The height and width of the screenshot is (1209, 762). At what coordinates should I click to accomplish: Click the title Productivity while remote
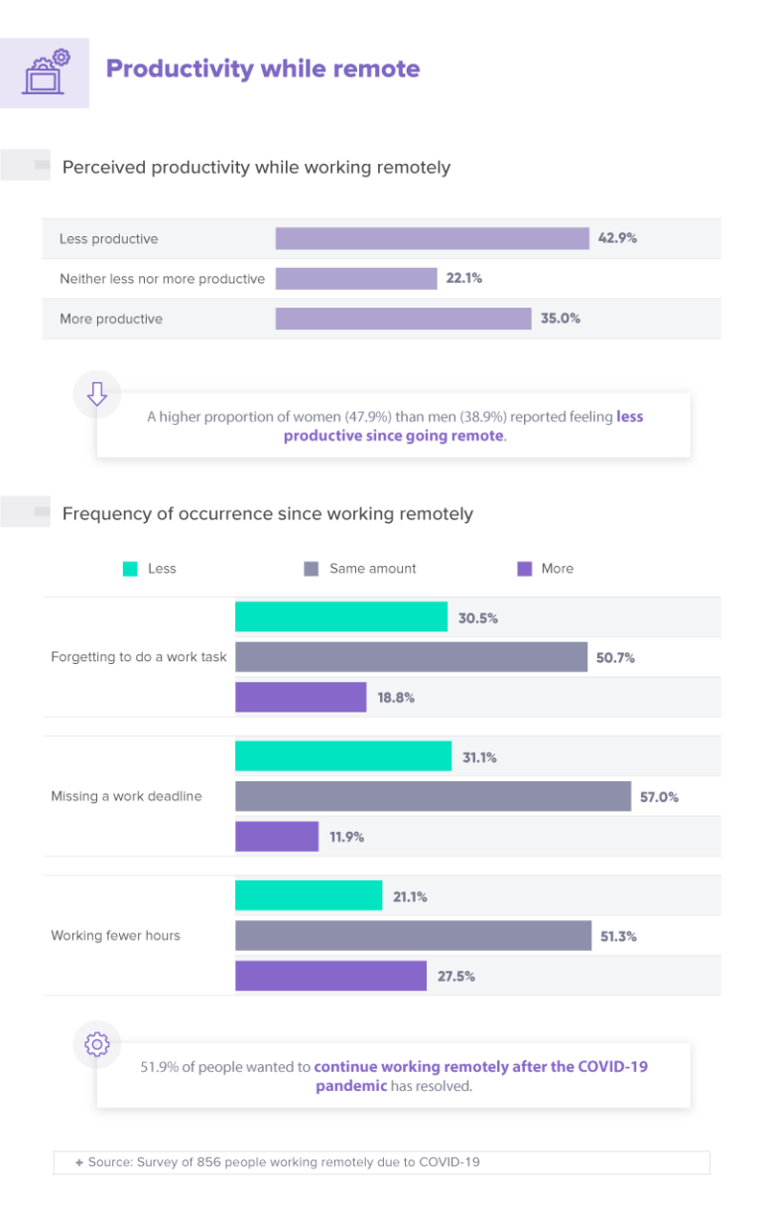point(263,68)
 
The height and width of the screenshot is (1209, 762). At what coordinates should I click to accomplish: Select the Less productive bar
point(432,239)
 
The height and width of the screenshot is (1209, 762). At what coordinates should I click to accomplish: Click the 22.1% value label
point(464,279)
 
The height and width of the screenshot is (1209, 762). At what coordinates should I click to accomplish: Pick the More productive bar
point(403,319)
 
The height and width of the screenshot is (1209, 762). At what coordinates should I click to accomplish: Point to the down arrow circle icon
point(97,394)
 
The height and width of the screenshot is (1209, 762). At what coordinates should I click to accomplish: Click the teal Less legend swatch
point(130,569)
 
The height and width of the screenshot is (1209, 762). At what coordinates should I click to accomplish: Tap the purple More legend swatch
point(525,569)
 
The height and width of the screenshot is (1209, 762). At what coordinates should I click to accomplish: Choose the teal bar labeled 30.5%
point(341,617)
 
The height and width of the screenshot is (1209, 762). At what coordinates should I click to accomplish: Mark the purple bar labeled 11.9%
point(277,837)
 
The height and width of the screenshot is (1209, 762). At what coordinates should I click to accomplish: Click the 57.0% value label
point(660,797)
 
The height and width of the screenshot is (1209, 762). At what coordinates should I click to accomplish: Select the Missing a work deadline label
point(126,796)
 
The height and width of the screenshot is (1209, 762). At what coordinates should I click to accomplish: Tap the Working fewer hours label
point(116,935)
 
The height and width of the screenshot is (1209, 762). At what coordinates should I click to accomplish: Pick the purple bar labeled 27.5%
point(330,976)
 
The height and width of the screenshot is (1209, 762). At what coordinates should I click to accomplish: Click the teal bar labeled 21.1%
point(309,896)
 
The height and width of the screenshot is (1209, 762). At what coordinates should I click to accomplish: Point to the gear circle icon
point(97,1044)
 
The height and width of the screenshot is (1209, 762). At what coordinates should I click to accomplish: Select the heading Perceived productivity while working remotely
point(256,167)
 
